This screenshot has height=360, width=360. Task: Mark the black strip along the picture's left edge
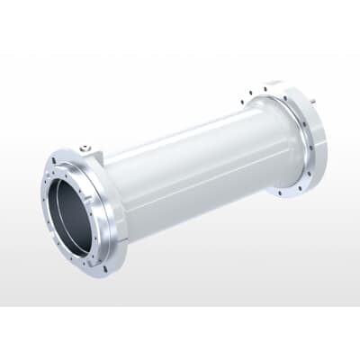pos(3,180)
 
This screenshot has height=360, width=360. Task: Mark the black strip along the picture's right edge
pos(357,180)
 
